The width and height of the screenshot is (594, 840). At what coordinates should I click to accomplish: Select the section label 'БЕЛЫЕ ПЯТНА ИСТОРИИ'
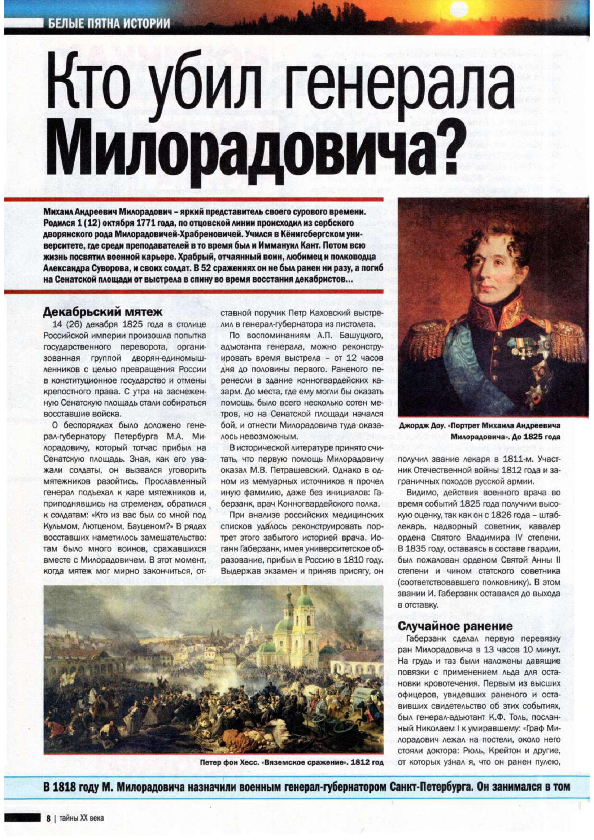(109, 23)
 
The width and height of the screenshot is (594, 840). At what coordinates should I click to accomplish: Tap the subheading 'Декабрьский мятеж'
(103, 312)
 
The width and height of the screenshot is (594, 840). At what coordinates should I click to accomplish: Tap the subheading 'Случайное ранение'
(455, 626)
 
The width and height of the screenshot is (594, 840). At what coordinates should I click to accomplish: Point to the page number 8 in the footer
(49, 818)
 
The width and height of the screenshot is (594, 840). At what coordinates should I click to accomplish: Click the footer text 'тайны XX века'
(82, 818)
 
